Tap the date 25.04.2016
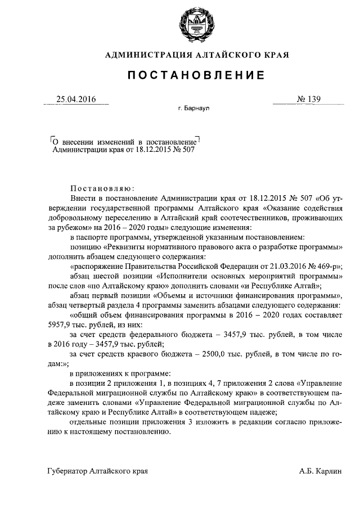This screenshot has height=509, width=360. click(x=76, y=100)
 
